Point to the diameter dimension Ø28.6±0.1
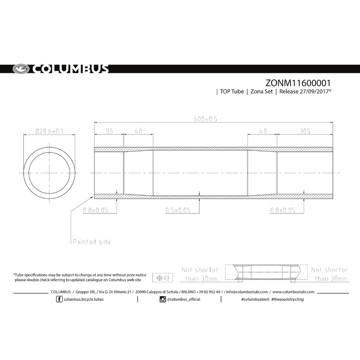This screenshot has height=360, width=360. coord(49,131)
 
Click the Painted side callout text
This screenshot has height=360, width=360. coord(91,242)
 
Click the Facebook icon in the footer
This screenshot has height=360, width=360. coord(60,299)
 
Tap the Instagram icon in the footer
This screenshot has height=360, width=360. coord(162,299)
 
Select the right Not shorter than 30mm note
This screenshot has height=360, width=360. coord(329,274)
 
